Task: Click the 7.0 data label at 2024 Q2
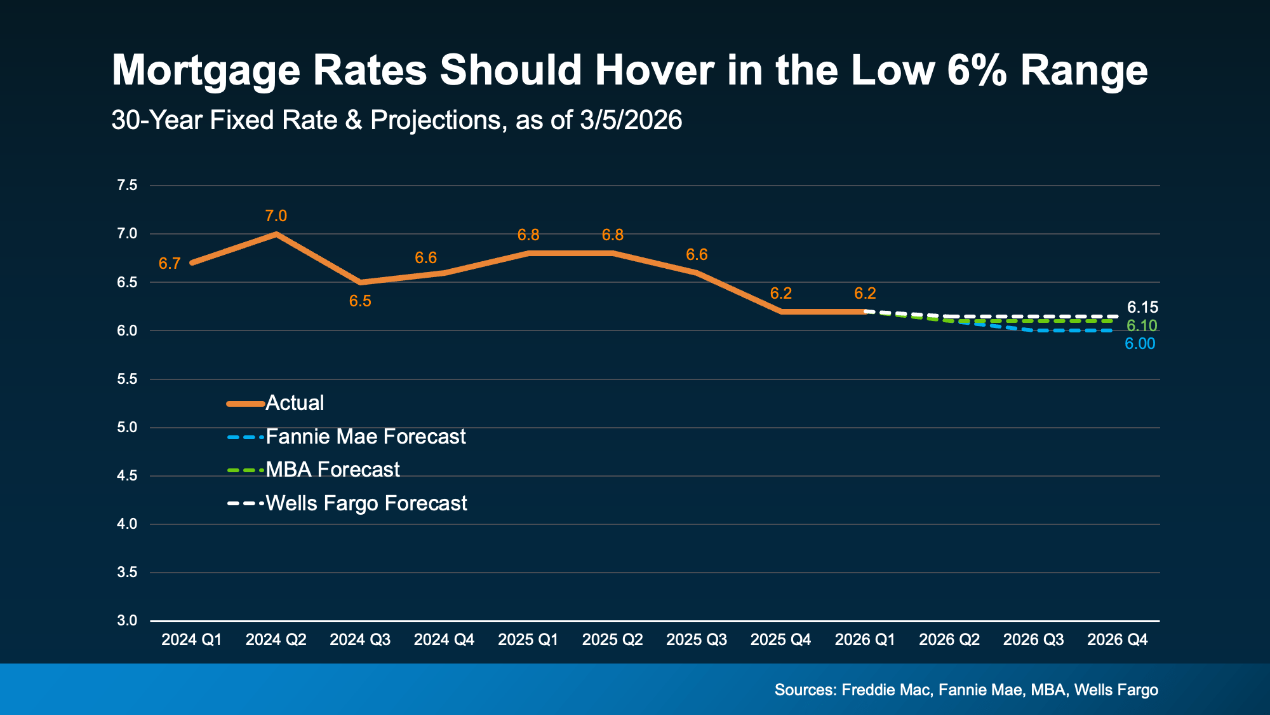(276, 216)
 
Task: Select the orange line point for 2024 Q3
(360, 282)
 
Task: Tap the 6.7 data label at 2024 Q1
(170, 264)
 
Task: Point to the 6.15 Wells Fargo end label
(1142, 308)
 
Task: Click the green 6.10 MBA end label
(1141, 326)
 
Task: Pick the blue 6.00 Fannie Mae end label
(1140, 344)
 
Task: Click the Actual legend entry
(295, 403)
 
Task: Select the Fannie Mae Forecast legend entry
(365, 437)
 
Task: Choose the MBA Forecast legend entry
(332, 470)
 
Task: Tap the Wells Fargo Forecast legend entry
(366, 503)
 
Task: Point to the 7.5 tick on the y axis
(127, 186)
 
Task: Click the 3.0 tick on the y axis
(127, 620)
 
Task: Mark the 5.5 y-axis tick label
(127, 379)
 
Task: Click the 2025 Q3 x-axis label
(697, 640)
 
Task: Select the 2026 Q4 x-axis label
(1117, 640)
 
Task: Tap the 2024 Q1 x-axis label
(192, 640)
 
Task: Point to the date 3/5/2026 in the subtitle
(631, 120)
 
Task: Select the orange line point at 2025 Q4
(780, 311)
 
